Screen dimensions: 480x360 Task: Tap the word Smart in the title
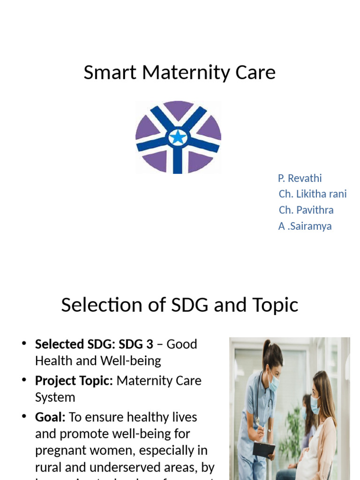110,73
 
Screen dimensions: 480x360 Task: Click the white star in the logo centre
178,137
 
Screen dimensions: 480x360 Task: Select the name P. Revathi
300,178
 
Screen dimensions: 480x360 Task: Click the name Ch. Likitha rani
313,194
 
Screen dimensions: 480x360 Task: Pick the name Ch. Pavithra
306,210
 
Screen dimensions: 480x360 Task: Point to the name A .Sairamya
305,226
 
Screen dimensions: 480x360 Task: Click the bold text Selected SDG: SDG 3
94,344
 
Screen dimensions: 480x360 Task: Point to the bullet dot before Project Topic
24,381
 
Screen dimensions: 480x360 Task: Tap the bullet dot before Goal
24,417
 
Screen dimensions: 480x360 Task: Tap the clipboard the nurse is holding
263,449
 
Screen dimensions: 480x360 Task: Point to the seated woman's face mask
315,404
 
